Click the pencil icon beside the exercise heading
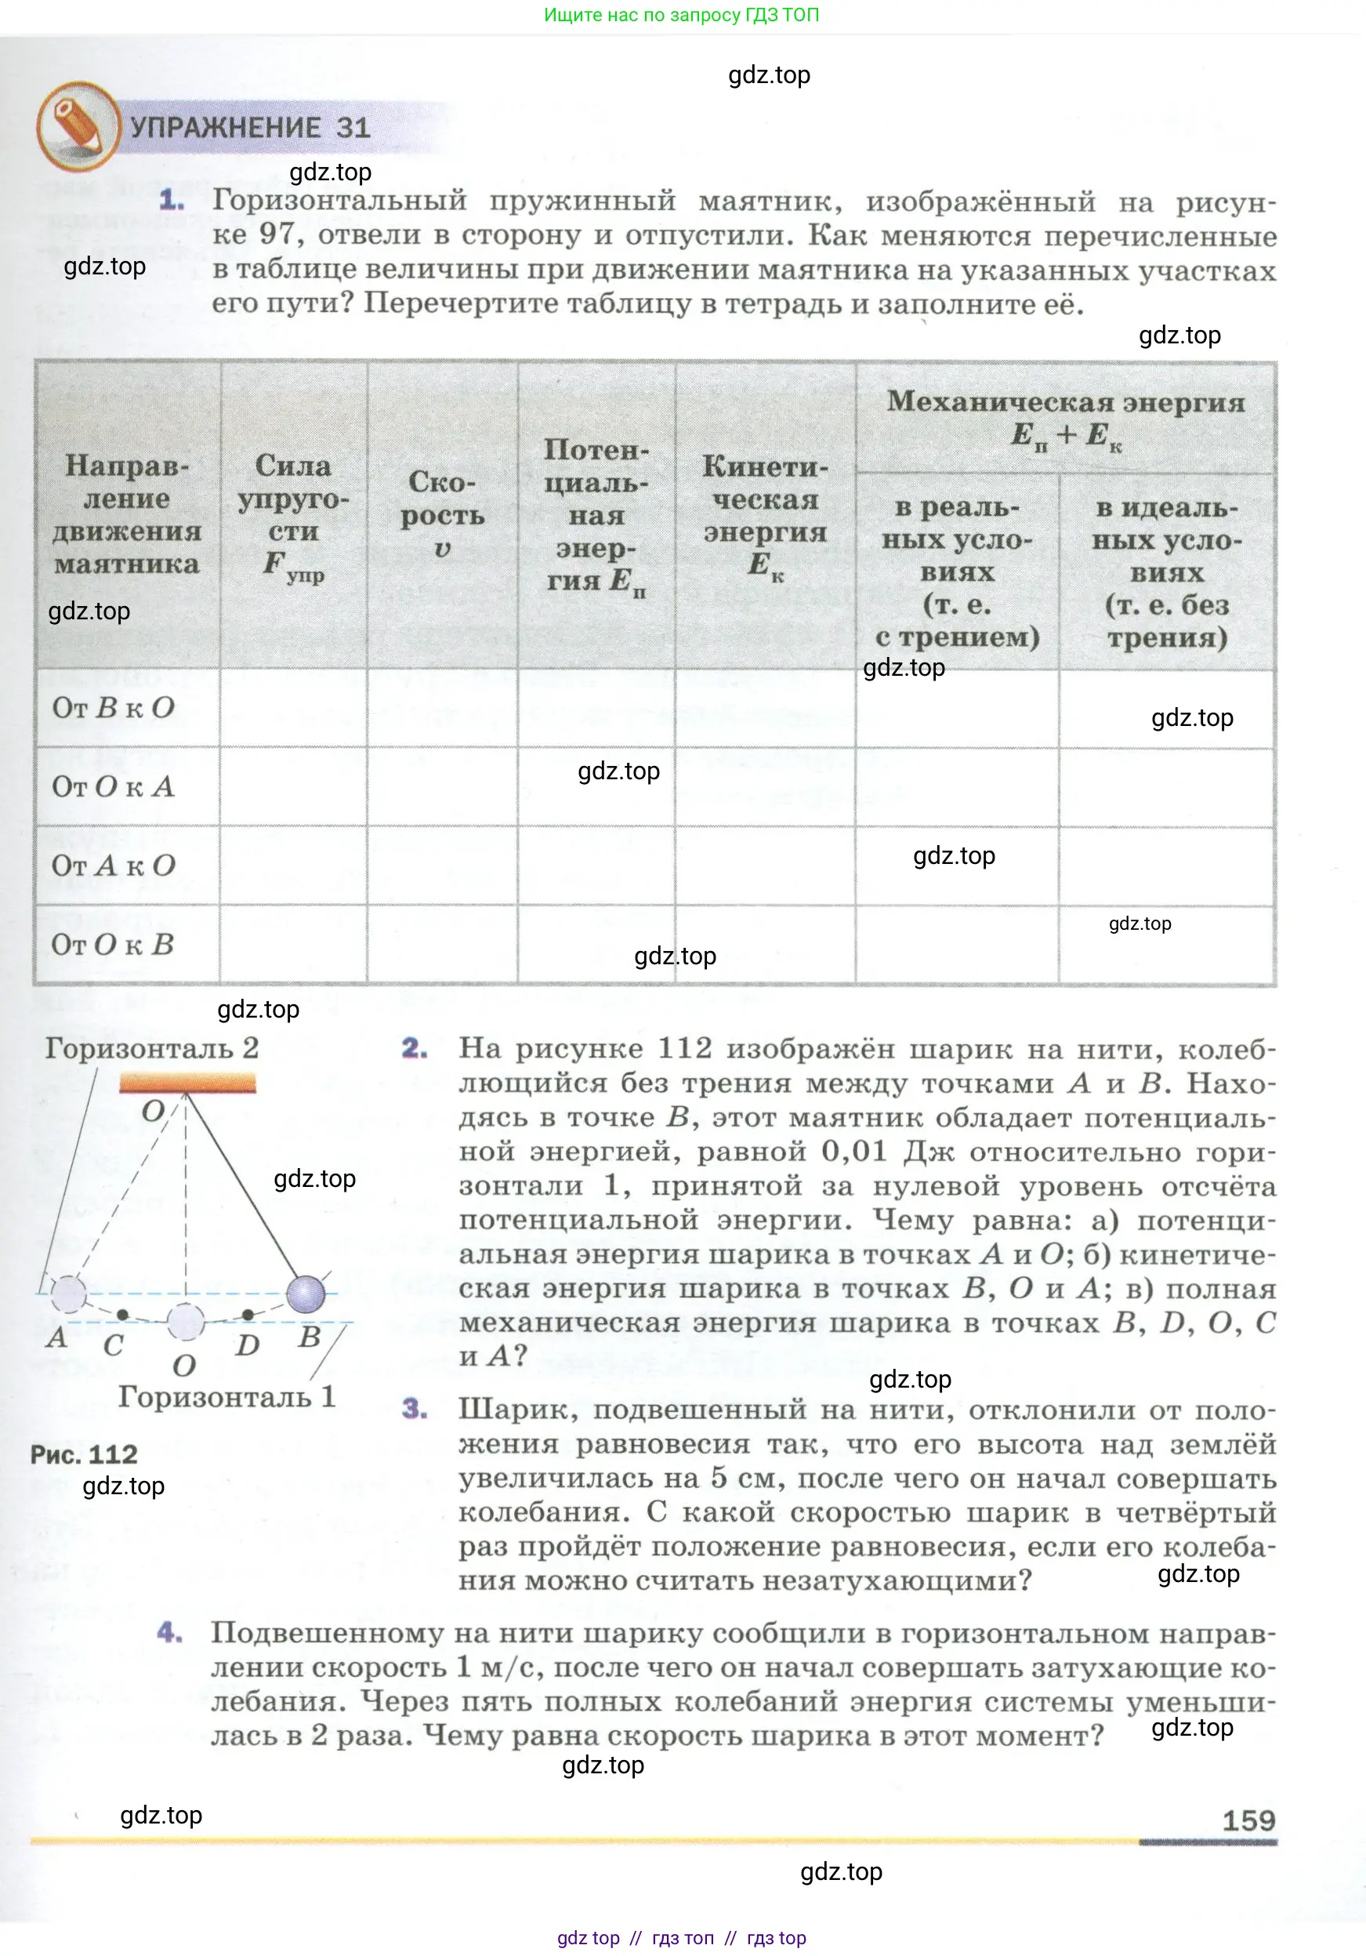tap(78, 125)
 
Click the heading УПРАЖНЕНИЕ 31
tap(250, 128)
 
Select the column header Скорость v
tap(442, 514)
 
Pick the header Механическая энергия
tap(1065, 417)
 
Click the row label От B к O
tap(114, 707)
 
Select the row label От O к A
tap(114, 786)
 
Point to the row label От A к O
tap(114, 866)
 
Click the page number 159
tap(1248, 1820)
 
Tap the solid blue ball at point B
tap(306, 1294)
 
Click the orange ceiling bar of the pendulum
tap(187, 1083)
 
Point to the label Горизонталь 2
tap(151, 1048)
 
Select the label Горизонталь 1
tap(226, 1397)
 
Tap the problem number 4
tap(169, 1632)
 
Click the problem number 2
tap(415, 1048)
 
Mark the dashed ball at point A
tap(69, 1294)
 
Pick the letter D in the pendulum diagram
tap(247, 1345)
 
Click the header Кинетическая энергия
tap(765, 514)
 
